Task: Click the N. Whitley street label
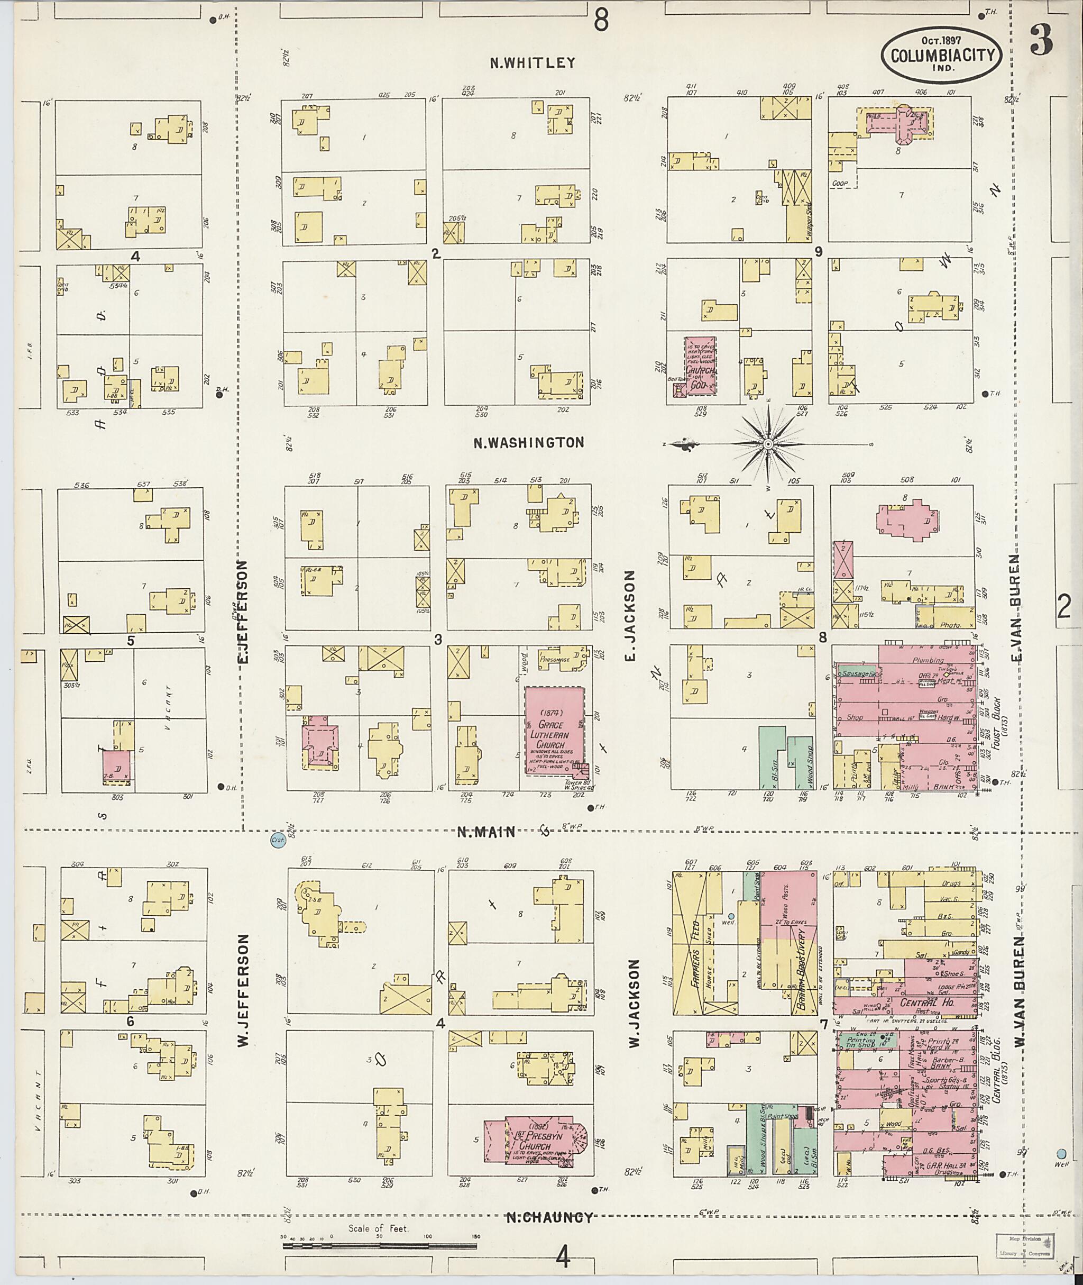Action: click(x=533, y=62)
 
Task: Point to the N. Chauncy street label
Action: click(x=549, y=1217)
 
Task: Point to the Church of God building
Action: click(x=701, y=366)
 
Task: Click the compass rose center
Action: click(x=768, y=443)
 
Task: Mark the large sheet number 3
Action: click(x=1041, y=39)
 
